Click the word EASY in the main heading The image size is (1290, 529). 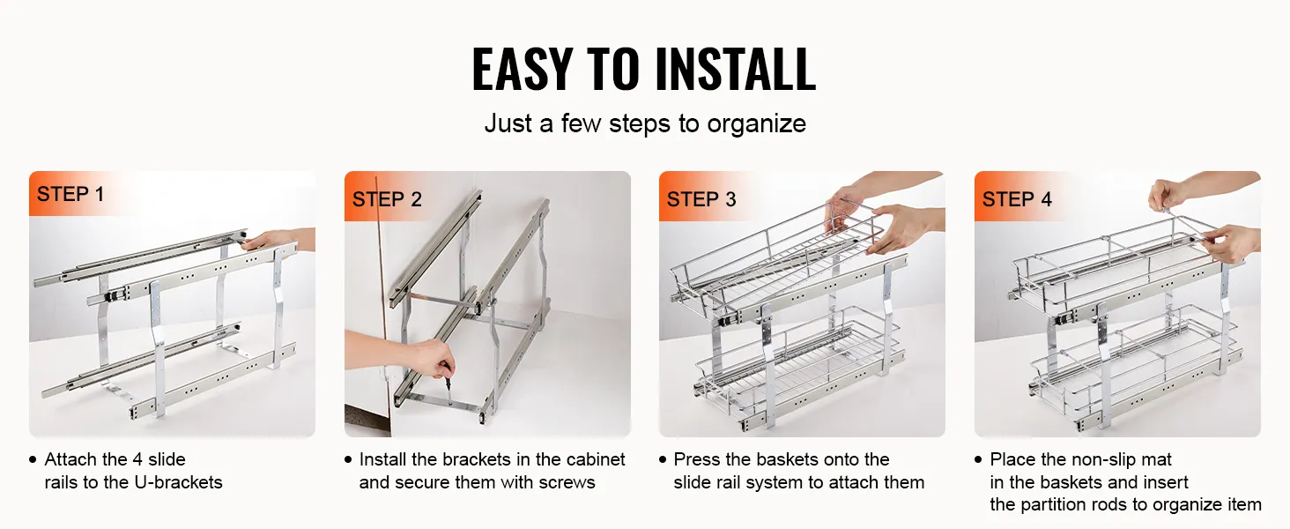click(x=523, y=69)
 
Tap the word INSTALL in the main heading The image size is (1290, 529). click(x=736, y=69)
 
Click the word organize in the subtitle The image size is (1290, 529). click(x=756, y=124)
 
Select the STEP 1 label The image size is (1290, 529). click(x=70, y=194)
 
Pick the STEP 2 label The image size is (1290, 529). click(x=387, y=199)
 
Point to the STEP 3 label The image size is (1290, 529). click(x=701, y=199)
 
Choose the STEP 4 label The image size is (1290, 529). click(x=1017, y=199)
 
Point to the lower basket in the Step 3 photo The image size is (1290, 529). click(x=797, y=369)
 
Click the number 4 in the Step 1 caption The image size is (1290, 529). click(x=137, y=459)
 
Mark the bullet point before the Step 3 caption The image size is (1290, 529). click(x=663, y=460)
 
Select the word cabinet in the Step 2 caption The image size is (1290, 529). click(x=596, y=459)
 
